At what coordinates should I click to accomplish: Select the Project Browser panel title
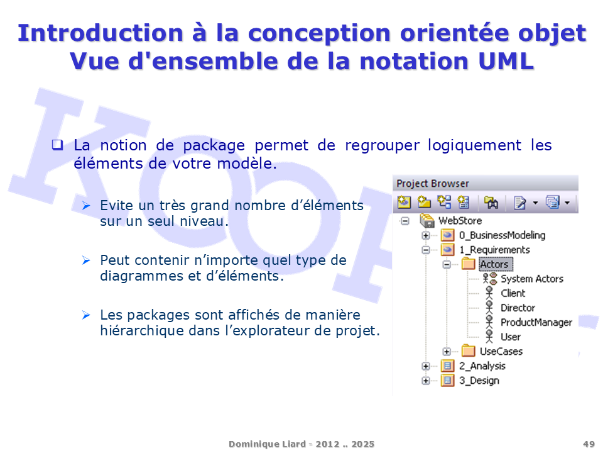click(433, 184)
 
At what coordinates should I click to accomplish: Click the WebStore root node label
click(460, 221)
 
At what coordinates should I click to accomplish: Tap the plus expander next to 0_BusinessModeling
click(426, 235)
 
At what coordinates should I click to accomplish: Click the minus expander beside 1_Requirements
click(426, 250)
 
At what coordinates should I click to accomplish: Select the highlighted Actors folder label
click(496, 264)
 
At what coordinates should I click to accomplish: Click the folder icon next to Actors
click(469, 264)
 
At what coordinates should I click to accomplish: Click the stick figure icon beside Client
click(489, 293)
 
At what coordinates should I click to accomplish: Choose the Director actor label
click(518, 308)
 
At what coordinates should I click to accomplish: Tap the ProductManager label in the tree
click(536, 322)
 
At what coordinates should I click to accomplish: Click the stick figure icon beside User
click(489, 337)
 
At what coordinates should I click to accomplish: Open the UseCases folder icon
click(469, 351)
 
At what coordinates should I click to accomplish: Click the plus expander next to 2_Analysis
click(426, 366)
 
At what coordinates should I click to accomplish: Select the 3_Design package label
click(479, 381)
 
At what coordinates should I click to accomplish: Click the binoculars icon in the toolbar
click(491, 202)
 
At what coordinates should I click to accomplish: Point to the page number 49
click(589, 444)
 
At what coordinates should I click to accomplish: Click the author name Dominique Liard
click(268, 444)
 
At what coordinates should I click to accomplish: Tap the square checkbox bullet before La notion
click(58, 145)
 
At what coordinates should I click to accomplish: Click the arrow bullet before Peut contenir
click(86, 260)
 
